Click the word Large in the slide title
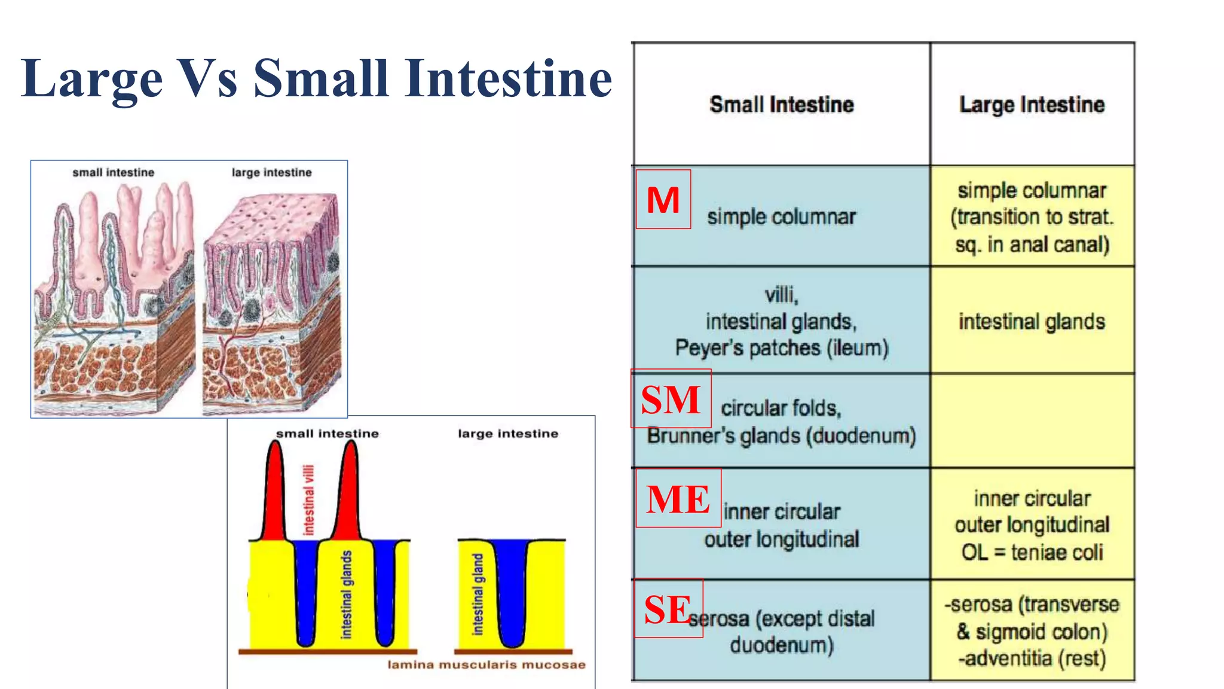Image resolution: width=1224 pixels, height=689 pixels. tap(91, 79)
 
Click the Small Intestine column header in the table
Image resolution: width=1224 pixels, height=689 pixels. tap(781, 105)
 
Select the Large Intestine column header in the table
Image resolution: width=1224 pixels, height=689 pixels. tap(1032, 105)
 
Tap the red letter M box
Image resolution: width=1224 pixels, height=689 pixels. tap(663, 199)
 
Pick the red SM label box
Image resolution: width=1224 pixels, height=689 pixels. tap(671, 399)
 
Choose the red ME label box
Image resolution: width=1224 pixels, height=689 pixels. tap(678, 498)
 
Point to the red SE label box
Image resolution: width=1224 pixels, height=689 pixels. tap(668, 608)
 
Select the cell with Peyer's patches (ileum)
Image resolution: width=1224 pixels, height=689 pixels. tap(781, 321)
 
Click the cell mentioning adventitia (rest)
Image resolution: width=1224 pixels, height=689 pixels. tap(1032, 631)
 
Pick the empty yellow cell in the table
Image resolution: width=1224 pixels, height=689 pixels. tap(1032, 420)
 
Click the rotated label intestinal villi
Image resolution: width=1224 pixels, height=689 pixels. tap(308, 500)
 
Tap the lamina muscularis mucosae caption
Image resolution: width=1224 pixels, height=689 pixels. tap(486, 664)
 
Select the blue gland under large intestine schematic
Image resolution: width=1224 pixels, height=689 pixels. tap(512, 592)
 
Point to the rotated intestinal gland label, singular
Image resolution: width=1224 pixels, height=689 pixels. tap(478, 594)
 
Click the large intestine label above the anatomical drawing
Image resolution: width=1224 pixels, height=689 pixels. tap(271, 173)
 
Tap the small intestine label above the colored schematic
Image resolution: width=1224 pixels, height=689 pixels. tap(327, 434)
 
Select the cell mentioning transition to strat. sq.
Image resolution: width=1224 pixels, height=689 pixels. tap(1032, 217)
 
